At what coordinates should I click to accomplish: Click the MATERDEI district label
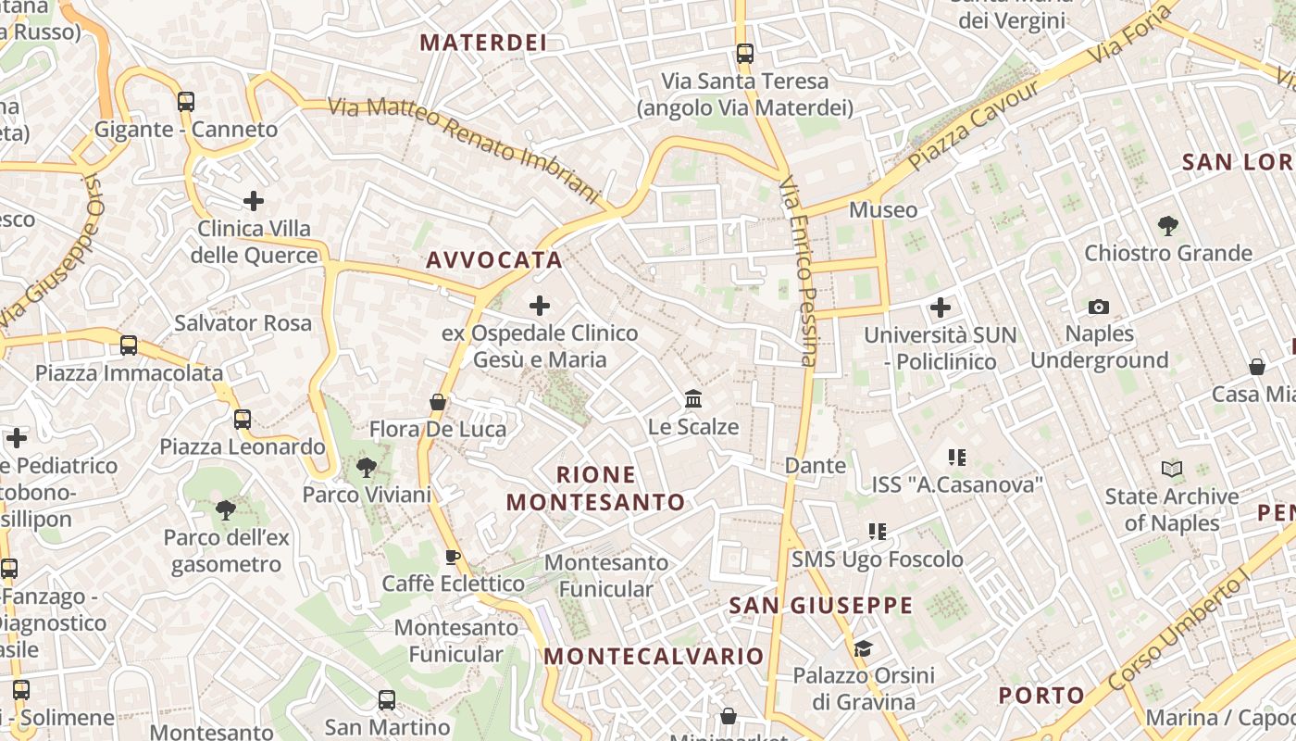(482, 43)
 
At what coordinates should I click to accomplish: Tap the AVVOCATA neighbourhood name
(494, 260)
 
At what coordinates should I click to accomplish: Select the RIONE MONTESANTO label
(596, 488)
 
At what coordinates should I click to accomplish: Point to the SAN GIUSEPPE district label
(820, 606)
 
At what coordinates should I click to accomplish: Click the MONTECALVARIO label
(654, 657)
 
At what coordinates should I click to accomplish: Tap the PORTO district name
(1041, 695)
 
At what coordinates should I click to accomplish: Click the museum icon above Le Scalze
(692, 399)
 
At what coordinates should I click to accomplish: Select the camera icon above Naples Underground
(1099, 307)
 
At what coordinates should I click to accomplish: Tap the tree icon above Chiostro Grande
(1167, 225)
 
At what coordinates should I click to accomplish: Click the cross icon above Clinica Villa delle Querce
(253, 200)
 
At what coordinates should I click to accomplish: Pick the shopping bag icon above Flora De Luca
(438, 402)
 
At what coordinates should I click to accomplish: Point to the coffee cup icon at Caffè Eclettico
(452, 557)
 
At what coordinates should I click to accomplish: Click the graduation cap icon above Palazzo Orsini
(863, 648)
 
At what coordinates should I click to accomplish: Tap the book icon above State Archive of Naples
(1171, 470)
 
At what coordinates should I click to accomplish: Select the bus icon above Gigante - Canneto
(186, 101)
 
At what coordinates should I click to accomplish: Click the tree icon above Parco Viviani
(366, 467)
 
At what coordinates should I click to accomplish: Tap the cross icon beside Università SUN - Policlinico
(941, 308)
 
